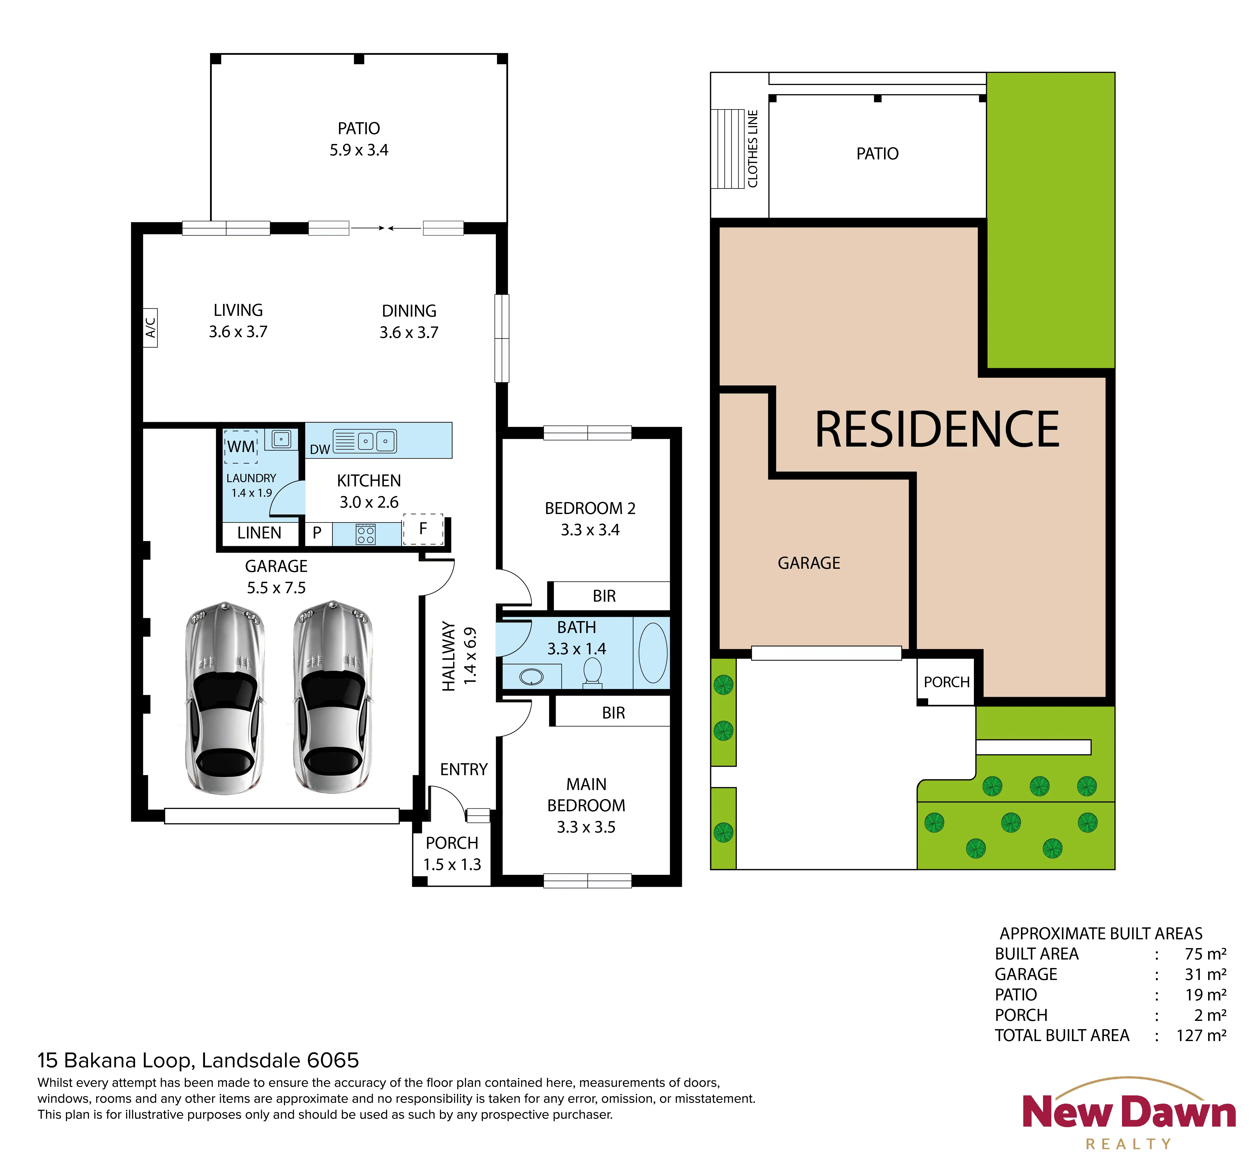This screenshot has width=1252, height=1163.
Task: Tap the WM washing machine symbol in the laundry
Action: click(241, 447)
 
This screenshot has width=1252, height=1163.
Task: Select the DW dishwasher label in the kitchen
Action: click(320, 449)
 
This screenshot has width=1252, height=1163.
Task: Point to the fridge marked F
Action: click(423, 529)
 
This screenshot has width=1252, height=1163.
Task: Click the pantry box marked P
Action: click(317, 533)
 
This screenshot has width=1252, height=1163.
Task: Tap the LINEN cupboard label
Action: click(259, 533)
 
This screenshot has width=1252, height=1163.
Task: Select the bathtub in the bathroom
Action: click(653, 653)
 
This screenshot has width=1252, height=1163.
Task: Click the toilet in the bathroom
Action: click(592, 672)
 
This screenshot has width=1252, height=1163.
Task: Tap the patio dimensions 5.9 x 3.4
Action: click(359, 150)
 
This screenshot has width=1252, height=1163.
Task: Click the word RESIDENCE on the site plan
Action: click(937, 430)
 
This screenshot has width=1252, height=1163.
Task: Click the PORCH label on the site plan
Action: click(947, 682)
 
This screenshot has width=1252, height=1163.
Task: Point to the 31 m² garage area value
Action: click(1205, 974)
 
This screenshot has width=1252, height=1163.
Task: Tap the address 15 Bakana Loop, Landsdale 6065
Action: click(198, 1060)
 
